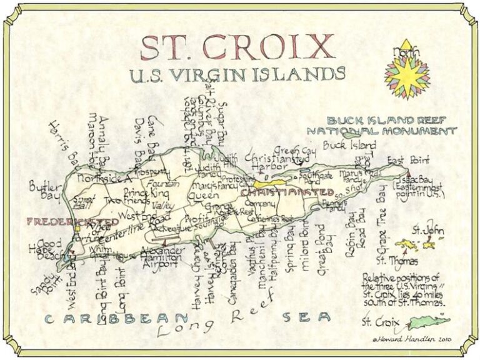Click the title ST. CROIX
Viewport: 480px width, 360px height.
coord(237,47)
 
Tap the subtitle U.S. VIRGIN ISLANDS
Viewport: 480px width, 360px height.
coord(237,74)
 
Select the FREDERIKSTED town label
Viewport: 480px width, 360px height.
coord(72,221)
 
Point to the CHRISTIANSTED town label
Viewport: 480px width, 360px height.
coord(287,192)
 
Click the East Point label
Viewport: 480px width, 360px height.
coord(406,161)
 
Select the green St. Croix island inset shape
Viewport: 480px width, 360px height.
coord(428,323)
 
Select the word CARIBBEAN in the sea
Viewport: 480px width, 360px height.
coord(106,318)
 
